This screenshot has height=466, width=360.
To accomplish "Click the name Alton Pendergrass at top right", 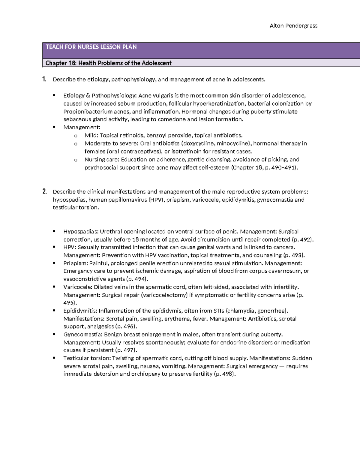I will click(x=293, y=26).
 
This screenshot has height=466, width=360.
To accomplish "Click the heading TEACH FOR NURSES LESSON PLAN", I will click(x=91, y=47).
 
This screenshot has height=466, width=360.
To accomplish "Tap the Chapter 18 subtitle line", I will click(x=108, y=63).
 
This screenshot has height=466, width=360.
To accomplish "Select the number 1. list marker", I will click(x=44, y=80).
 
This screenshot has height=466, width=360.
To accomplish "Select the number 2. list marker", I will click(x=44, y=192).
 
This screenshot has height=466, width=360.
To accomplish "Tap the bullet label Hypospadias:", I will click(x=81, y=232).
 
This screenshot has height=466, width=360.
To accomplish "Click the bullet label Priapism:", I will click(x=76, y=263).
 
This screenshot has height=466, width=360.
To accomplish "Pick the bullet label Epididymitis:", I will click(x=80, y=311).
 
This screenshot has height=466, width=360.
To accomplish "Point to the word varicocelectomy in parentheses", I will click(x=164, y=295).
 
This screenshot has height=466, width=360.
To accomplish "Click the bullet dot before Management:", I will click(x=54, y=127).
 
